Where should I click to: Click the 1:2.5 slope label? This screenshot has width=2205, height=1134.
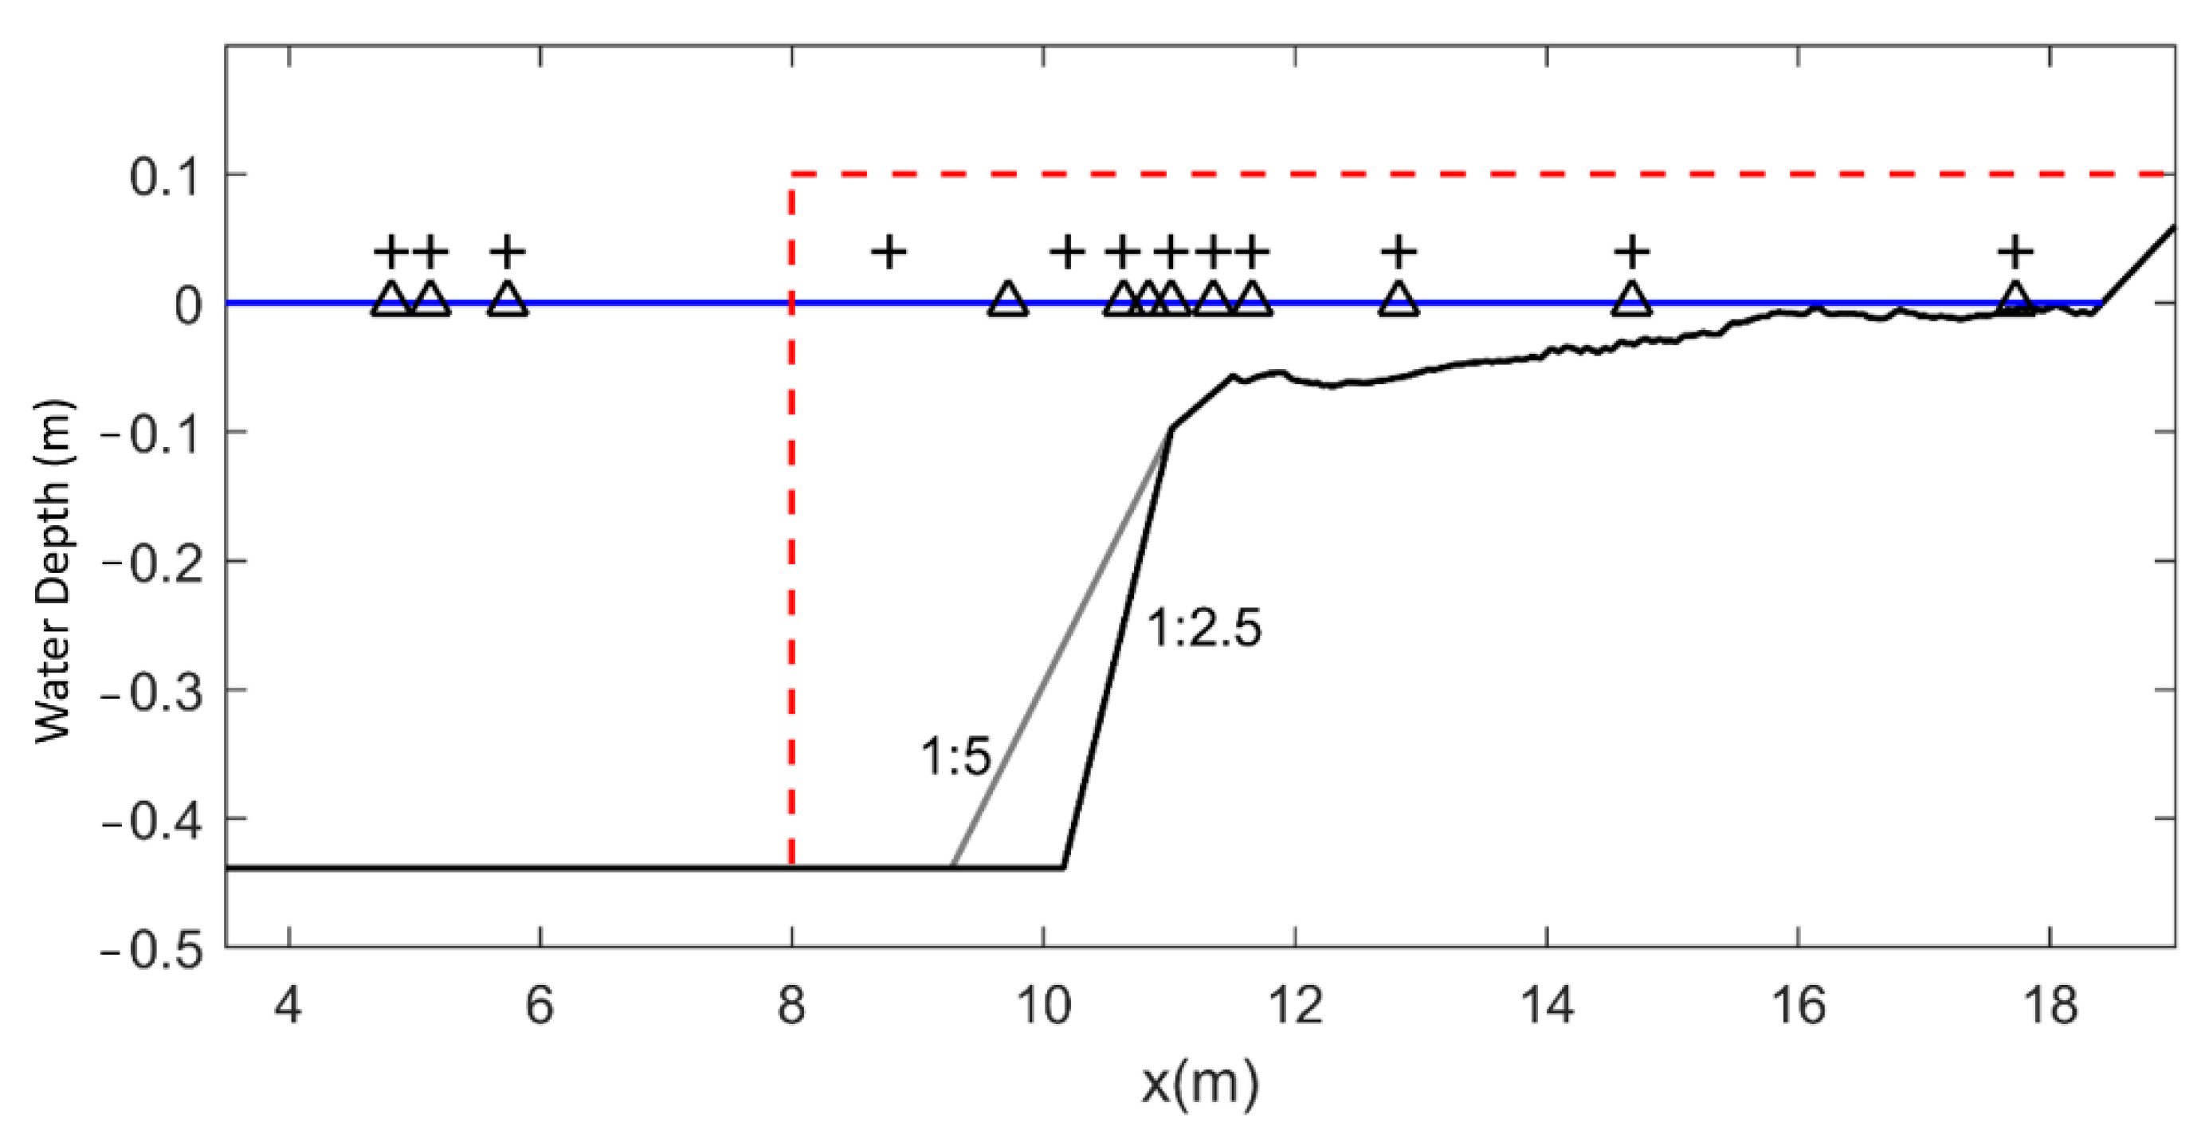tap(1203, 629)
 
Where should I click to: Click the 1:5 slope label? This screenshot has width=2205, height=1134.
tap(955, 756)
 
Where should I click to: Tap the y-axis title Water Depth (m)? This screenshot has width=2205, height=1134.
tap(53, 571)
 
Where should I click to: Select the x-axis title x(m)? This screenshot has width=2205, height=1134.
tap(1200, 1084)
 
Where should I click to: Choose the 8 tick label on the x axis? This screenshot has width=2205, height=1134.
tap(791, 1005)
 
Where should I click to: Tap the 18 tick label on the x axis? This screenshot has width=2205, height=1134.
tap(2050, 1005)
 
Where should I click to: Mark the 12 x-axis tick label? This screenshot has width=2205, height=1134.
tap(1295, 1005)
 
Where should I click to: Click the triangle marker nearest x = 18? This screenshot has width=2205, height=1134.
tap(2015, 299)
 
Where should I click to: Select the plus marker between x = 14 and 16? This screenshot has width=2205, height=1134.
tap(1631, 252)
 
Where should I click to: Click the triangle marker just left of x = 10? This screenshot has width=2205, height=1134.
tap(1007, 299)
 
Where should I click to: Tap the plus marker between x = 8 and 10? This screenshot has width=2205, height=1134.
tap(889, 252)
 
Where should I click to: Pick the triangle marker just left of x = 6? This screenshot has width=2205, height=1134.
tap(508, 299)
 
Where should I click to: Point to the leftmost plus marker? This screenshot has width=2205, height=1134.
tap(391, 252)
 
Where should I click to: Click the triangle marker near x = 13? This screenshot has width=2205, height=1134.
tap(1398, 299)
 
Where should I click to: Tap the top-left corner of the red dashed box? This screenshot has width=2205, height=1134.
tap(792, 175)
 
